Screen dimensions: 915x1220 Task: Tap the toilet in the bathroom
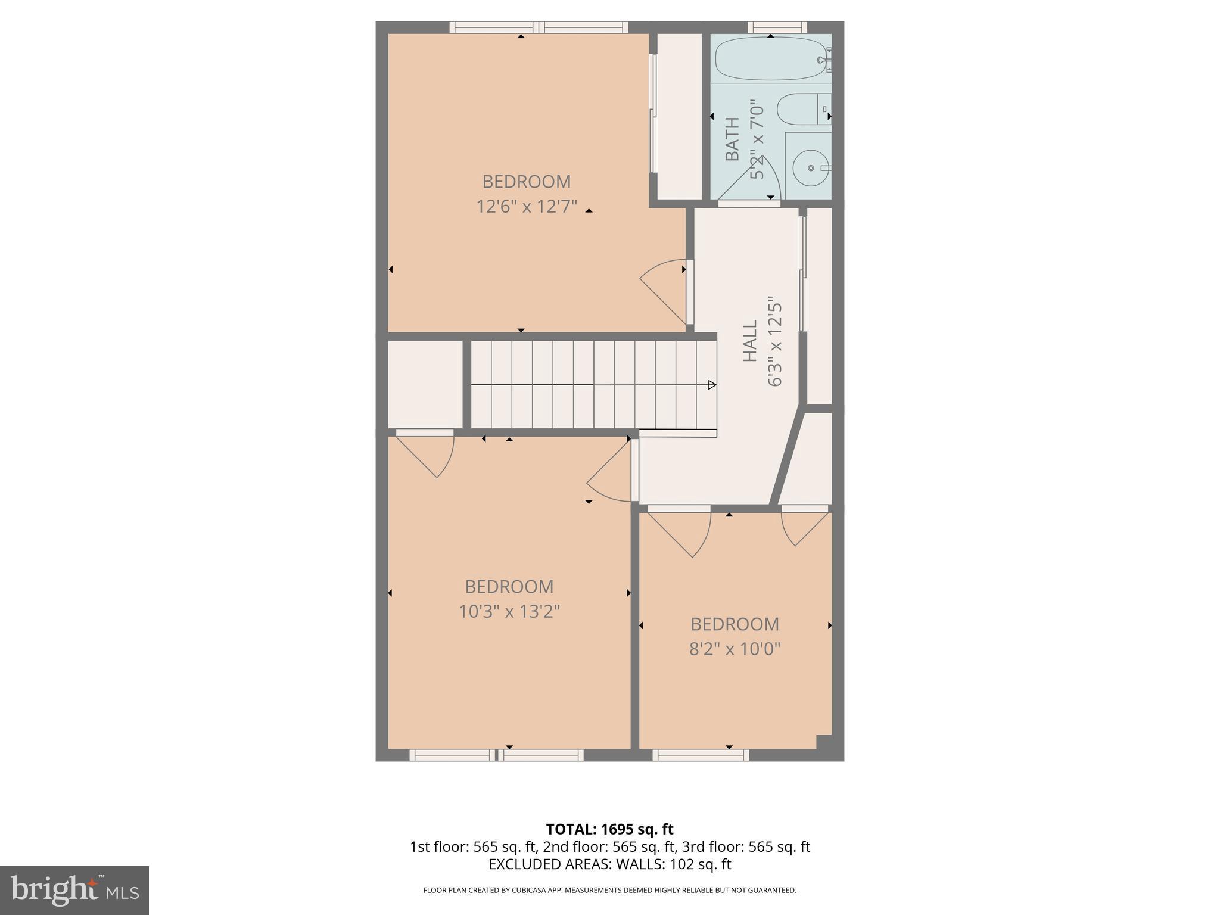(x=801, y=109)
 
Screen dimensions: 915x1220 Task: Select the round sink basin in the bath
(x=811, y=168)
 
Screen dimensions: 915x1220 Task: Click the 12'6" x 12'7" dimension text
(x=527, y=207)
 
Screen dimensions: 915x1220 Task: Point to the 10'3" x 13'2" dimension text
(x=509, y=612)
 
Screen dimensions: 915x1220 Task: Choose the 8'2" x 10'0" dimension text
(x=735, y=649)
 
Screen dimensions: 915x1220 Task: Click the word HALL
(x=749, y=341)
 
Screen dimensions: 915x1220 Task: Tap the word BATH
(x=732, y=139)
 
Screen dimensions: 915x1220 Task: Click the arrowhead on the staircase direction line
(x=711, y=385)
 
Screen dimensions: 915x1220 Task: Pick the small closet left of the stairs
(x=425, y=384)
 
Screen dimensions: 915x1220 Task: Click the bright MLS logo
(x=74, y=890)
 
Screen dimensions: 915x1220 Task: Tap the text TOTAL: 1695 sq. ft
(x=609, y=829)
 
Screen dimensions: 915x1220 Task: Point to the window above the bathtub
(x=777, y=27)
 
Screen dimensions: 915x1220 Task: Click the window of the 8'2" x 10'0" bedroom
(x=701, y=755)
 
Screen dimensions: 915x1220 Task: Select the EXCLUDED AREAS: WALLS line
(x=609, y=864)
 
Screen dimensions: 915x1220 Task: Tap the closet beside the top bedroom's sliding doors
(x=680, y=116)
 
